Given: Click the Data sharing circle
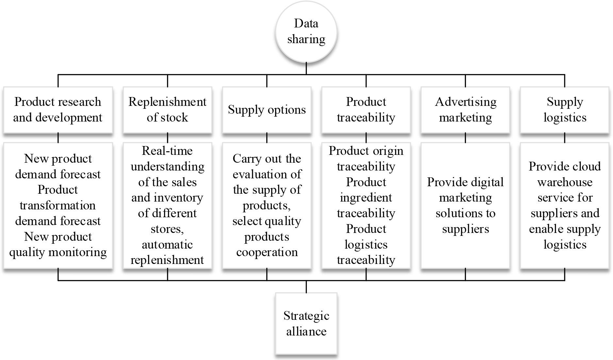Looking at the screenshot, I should click(x=306, y=31).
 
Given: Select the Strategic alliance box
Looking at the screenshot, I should click(x=306, y=323).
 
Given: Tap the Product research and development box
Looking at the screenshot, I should click(x=58, y=110).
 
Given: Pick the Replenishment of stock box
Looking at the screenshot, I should click(x=167, y=110).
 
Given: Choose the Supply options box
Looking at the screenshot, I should click(x=267, y=110).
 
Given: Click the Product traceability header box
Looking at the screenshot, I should click(x=366, y=110).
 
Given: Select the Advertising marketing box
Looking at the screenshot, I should click(x=465, y=110).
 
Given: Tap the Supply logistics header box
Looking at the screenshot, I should click(x=565, y=110).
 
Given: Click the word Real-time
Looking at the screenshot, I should click(x=167, y=151).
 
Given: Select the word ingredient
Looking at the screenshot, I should click(x=366, y=198).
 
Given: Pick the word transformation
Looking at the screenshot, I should click(x=58, y=205).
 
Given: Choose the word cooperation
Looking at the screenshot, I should click(x=267, y=252).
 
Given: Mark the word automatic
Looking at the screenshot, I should click(x=167, y=245).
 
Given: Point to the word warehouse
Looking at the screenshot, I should click(x=565, y=182).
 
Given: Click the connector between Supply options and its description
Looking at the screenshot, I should click(x=267, y=138).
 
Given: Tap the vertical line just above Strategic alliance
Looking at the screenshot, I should click(x=306, y=286).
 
